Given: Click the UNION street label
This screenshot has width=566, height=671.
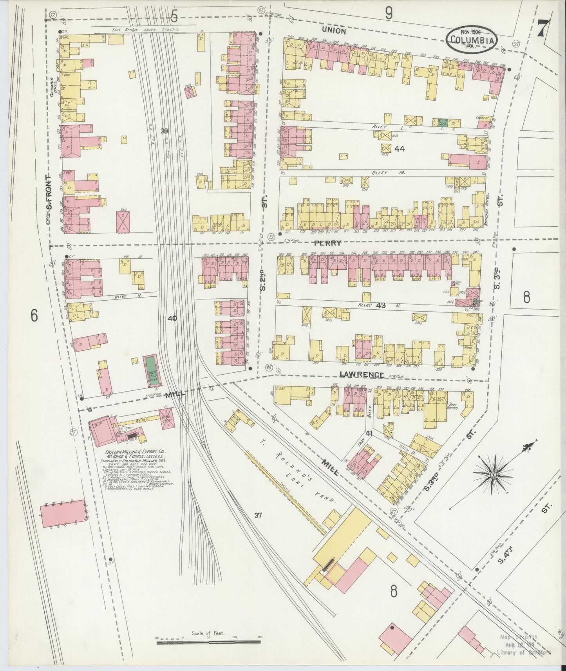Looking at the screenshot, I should pyautogui.click(x=334, y=31).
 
